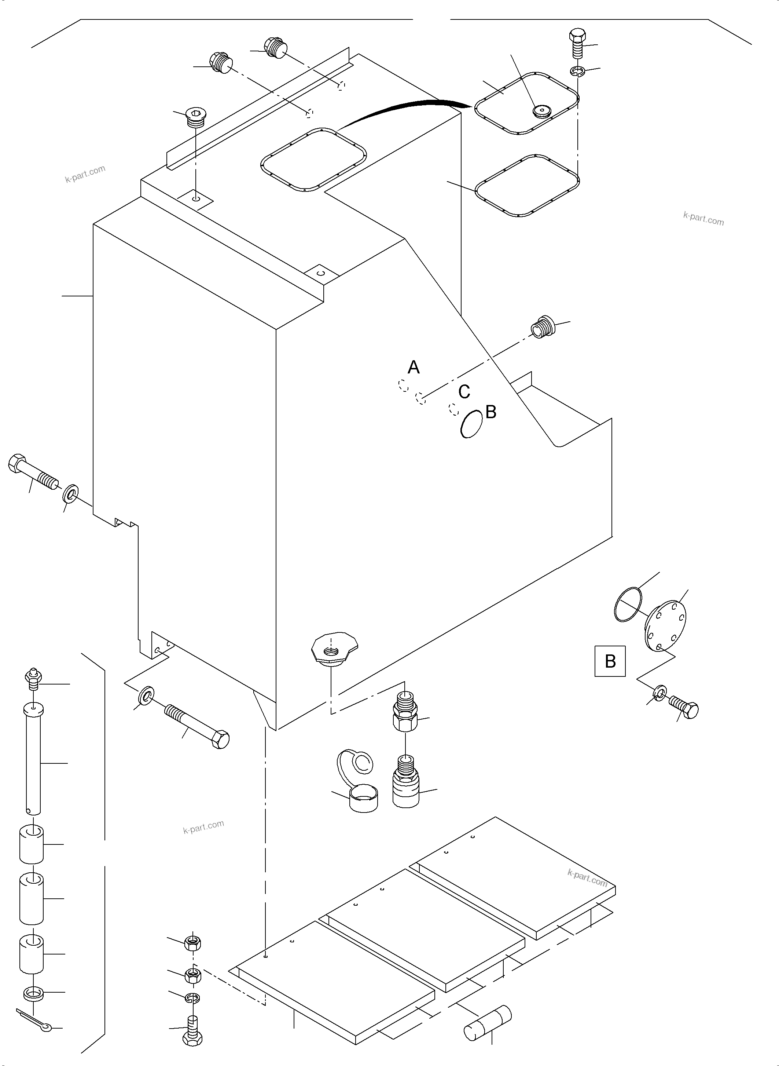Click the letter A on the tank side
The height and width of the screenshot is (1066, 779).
(x=414, y=367)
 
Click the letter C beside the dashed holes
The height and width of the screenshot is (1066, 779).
(x=464, y=391)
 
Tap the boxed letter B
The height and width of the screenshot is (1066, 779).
(x=610, y=661)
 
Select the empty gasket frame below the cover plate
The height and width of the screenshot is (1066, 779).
(x=527, y=186)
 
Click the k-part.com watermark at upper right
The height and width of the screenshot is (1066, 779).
(x=703, y=219)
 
